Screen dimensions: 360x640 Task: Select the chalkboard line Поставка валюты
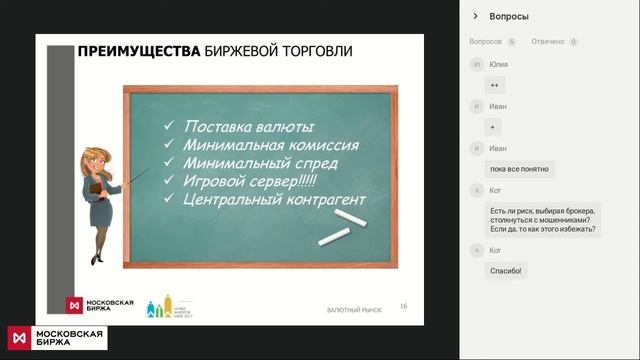[249, 127]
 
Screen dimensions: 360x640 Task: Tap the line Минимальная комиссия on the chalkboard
[270, 145]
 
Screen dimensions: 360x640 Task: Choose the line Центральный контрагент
[274, 200]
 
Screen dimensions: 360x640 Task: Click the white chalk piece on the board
[337, 235]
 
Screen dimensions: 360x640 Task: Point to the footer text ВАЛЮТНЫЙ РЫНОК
[354, 311]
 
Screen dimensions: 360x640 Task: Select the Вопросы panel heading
[509, 16]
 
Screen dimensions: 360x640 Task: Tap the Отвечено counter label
[548, 42]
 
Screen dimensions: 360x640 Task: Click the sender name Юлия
[498, 64]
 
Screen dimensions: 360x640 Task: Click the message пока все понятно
[519, 169]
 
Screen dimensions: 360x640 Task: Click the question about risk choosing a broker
[543, 220]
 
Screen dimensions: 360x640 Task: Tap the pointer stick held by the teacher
[137, 179]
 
